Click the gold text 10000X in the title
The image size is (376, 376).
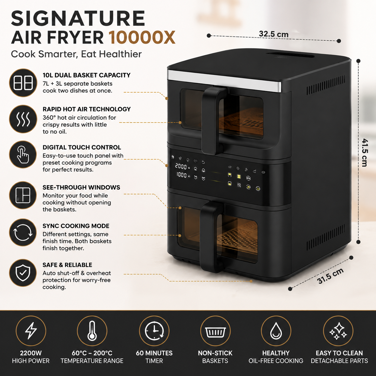142,37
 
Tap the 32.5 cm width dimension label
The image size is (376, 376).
273,34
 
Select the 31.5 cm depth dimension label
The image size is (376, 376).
330,276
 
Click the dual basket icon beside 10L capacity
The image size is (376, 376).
23,82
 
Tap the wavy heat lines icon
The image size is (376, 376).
23,119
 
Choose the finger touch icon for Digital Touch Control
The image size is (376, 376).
23,154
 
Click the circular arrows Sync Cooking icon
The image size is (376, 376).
23,232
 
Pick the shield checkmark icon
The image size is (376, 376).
23,273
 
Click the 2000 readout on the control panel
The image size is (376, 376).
181,166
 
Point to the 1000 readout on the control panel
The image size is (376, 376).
181,175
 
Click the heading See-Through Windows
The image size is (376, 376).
81,187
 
